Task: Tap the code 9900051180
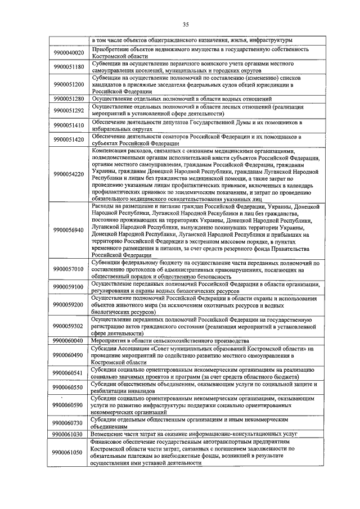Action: tap(69, 67)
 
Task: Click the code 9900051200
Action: tap(69, 84)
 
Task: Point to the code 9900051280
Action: tap(69, 98)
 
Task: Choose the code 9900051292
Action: tap(69, 110)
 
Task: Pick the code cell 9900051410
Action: tap(69, 125)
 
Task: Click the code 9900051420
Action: tap(69, 139)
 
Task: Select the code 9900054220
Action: tap(69, 174)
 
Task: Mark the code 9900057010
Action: tap(69, 269)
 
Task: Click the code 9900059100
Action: tap(69, 287)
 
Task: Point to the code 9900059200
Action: tap(69, 304)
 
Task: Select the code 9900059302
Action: tap(69, 326)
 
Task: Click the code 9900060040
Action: tap(69, 341)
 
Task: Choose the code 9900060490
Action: tap(69, 355)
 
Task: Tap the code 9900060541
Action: tap(69, 373)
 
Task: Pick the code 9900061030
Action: tap(69, 434)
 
